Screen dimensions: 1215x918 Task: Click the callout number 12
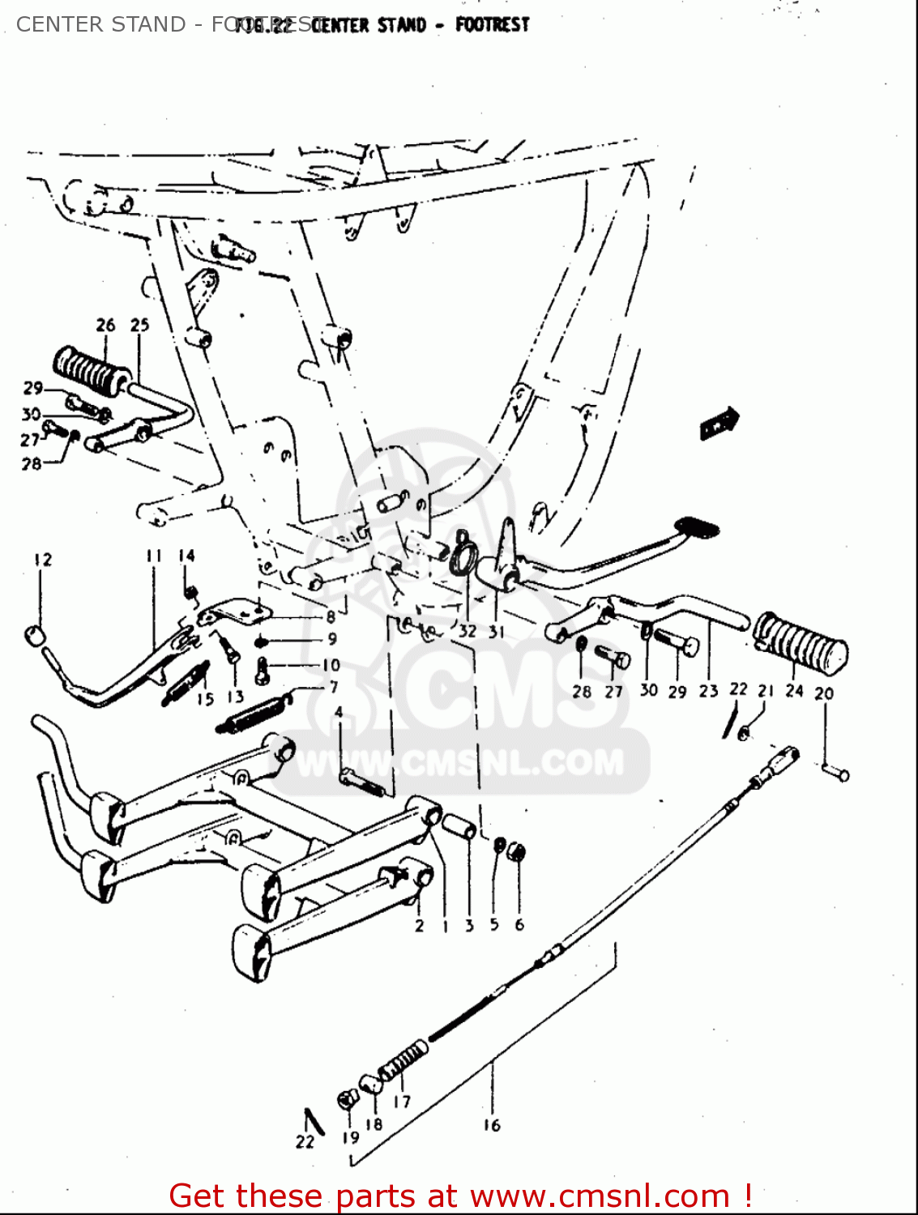43,560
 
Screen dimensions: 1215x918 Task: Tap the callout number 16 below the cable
492,1125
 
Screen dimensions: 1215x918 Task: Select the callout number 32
468,631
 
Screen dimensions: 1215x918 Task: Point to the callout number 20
824,693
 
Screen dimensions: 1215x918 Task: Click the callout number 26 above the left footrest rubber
105,326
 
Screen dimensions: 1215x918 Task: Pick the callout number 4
339,712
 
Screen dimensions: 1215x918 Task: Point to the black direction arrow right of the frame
719,423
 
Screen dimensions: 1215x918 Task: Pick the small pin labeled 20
835,773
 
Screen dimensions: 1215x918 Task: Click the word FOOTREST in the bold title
492,24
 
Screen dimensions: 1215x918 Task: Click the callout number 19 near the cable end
350,1137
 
